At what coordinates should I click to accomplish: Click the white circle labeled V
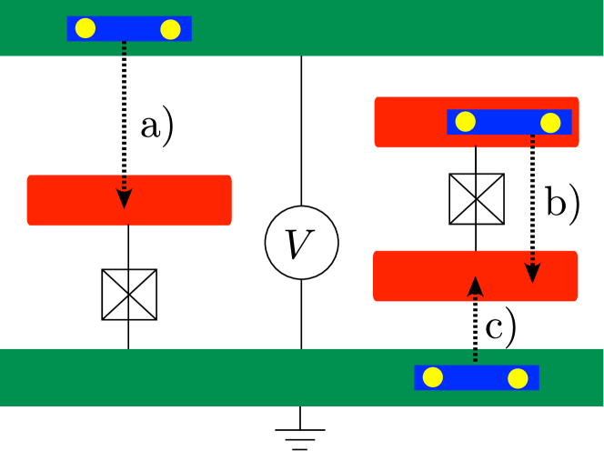(x=302, y=243)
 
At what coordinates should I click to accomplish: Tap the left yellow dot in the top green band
(x=86, y=28)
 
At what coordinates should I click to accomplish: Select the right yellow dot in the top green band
(x=170, y=29)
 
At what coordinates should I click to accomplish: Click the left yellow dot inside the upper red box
(x=466, y=122)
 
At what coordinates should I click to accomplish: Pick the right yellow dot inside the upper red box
(x=550, y=123)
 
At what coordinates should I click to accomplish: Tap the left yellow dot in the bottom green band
(x=433, y=377)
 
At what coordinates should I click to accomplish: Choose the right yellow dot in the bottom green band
(x=518, y=378)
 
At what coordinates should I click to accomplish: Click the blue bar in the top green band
(x=128, y=28)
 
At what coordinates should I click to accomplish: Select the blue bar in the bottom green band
(x=476, y=377)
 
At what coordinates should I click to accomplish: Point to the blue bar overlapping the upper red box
(x=508, y=122)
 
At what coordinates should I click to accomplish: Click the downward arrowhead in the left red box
(x=125, y=198)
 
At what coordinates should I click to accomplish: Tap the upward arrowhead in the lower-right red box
(x=475, y=286)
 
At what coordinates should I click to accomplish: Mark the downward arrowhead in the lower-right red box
(x=533, y=273)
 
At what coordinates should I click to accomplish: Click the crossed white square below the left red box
(x=129, y=295)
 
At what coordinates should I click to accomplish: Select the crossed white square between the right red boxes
(x=477, y=199)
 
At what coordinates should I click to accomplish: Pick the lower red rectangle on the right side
(x=418, y=276)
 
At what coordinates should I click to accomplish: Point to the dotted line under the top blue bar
(x=125, y=49)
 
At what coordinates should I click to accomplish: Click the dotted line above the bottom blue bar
(x=475, y=356)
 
